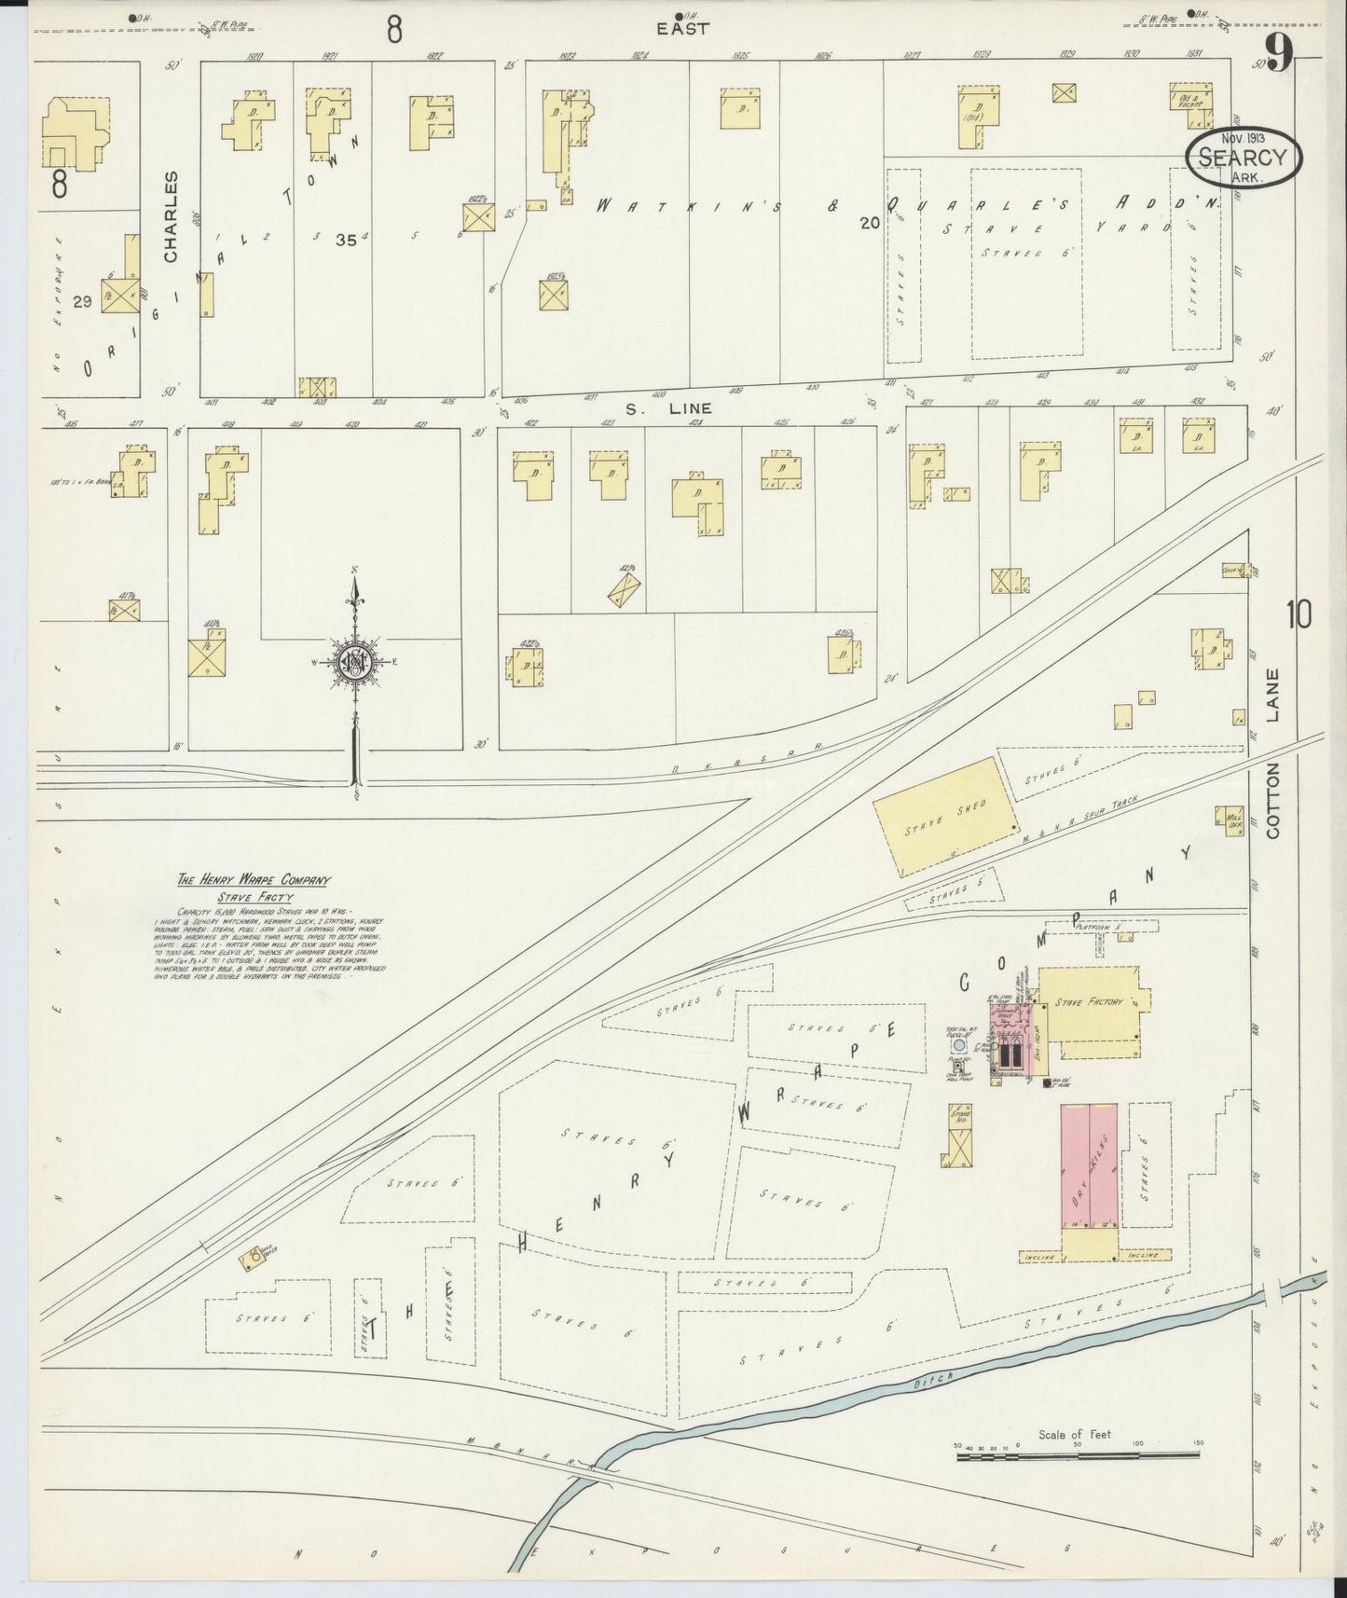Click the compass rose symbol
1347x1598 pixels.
pos(355,663)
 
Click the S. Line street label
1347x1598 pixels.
pos(668,408)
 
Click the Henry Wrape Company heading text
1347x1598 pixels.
pos(254,879)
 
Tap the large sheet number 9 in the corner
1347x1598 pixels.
pos(1278,56)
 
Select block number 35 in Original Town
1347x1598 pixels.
pos(346,240)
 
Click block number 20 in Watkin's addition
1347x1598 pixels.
pos(870,223)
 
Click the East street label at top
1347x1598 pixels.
pos(682,29)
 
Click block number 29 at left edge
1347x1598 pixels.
pos(83,301)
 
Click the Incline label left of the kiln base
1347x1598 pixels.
pos(1038,1257)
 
